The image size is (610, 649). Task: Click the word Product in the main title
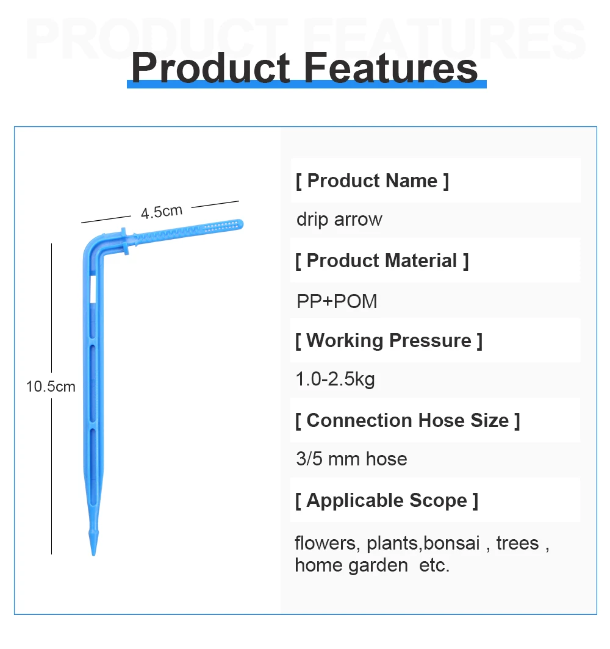(210, 68)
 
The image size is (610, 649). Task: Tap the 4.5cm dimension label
(162, 212)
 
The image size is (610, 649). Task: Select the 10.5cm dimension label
(51, 387)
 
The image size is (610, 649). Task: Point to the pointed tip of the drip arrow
(93, 554)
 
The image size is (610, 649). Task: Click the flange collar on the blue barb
(124, 241)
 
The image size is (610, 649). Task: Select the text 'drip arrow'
(339, 220)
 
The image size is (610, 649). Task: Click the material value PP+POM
(337, 301)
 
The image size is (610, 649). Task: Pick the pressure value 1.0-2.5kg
(335, 379)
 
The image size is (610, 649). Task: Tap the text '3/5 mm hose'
(352, 459)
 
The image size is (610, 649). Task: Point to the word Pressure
(431, 340)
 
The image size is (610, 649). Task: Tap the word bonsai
(451, 543)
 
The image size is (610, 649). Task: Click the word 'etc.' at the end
(434, 565)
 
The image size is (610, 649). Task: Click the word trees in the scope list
(517, 543)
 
